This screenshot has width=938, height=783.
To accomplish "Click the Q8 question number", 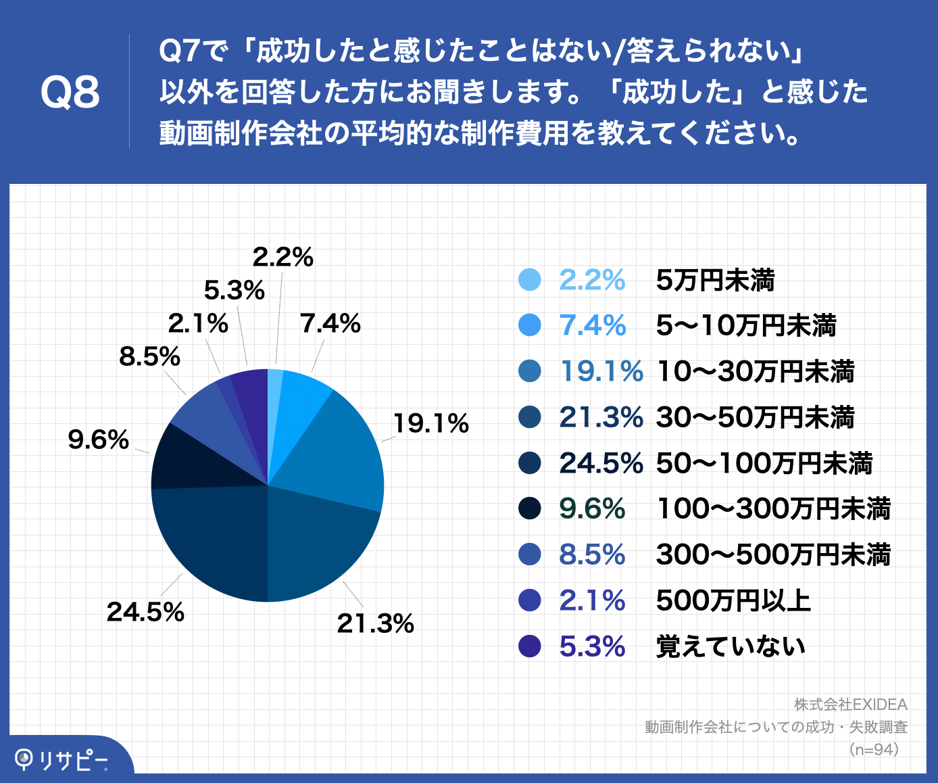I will tap(70, 93).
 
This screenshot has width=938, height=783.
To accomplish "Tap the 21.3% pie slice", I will tap(318, 548).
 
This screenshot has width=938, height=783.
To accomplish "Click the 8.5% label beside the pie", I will tap(149, 356).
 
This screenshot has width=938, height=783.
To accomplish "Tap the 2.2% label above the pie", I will tap(282, 257).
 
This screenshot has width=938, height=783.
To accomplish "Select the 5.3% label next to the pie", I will tap(234, 290).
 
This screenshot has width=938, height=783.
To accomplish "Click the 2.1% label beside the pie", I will tap(198, 323).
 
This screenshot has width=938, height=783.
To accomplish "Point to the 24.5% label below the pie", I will tap(145, 612).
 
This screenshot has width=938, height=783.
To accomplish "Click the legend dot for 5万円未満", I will tap(530, 280).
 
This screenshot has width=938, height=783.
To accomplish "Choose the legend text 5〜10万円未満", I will tap(746, 326).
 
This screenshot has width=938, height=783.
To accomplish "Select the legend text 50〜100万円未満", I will tap(764, 463).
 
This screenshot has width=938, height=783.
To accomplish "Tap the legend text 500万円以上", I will tap(733, 600).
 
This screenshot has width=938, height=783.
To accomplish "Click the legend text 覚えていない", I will tap(731, 646).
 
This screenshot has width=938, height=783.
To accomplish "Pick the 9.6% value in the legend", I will tap(592, 508).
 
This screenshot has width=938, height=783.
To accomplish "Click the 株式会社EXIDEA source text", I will tap(850, 705).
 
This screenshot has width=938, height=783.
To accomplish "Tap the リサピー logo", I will tap(61, 760).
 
